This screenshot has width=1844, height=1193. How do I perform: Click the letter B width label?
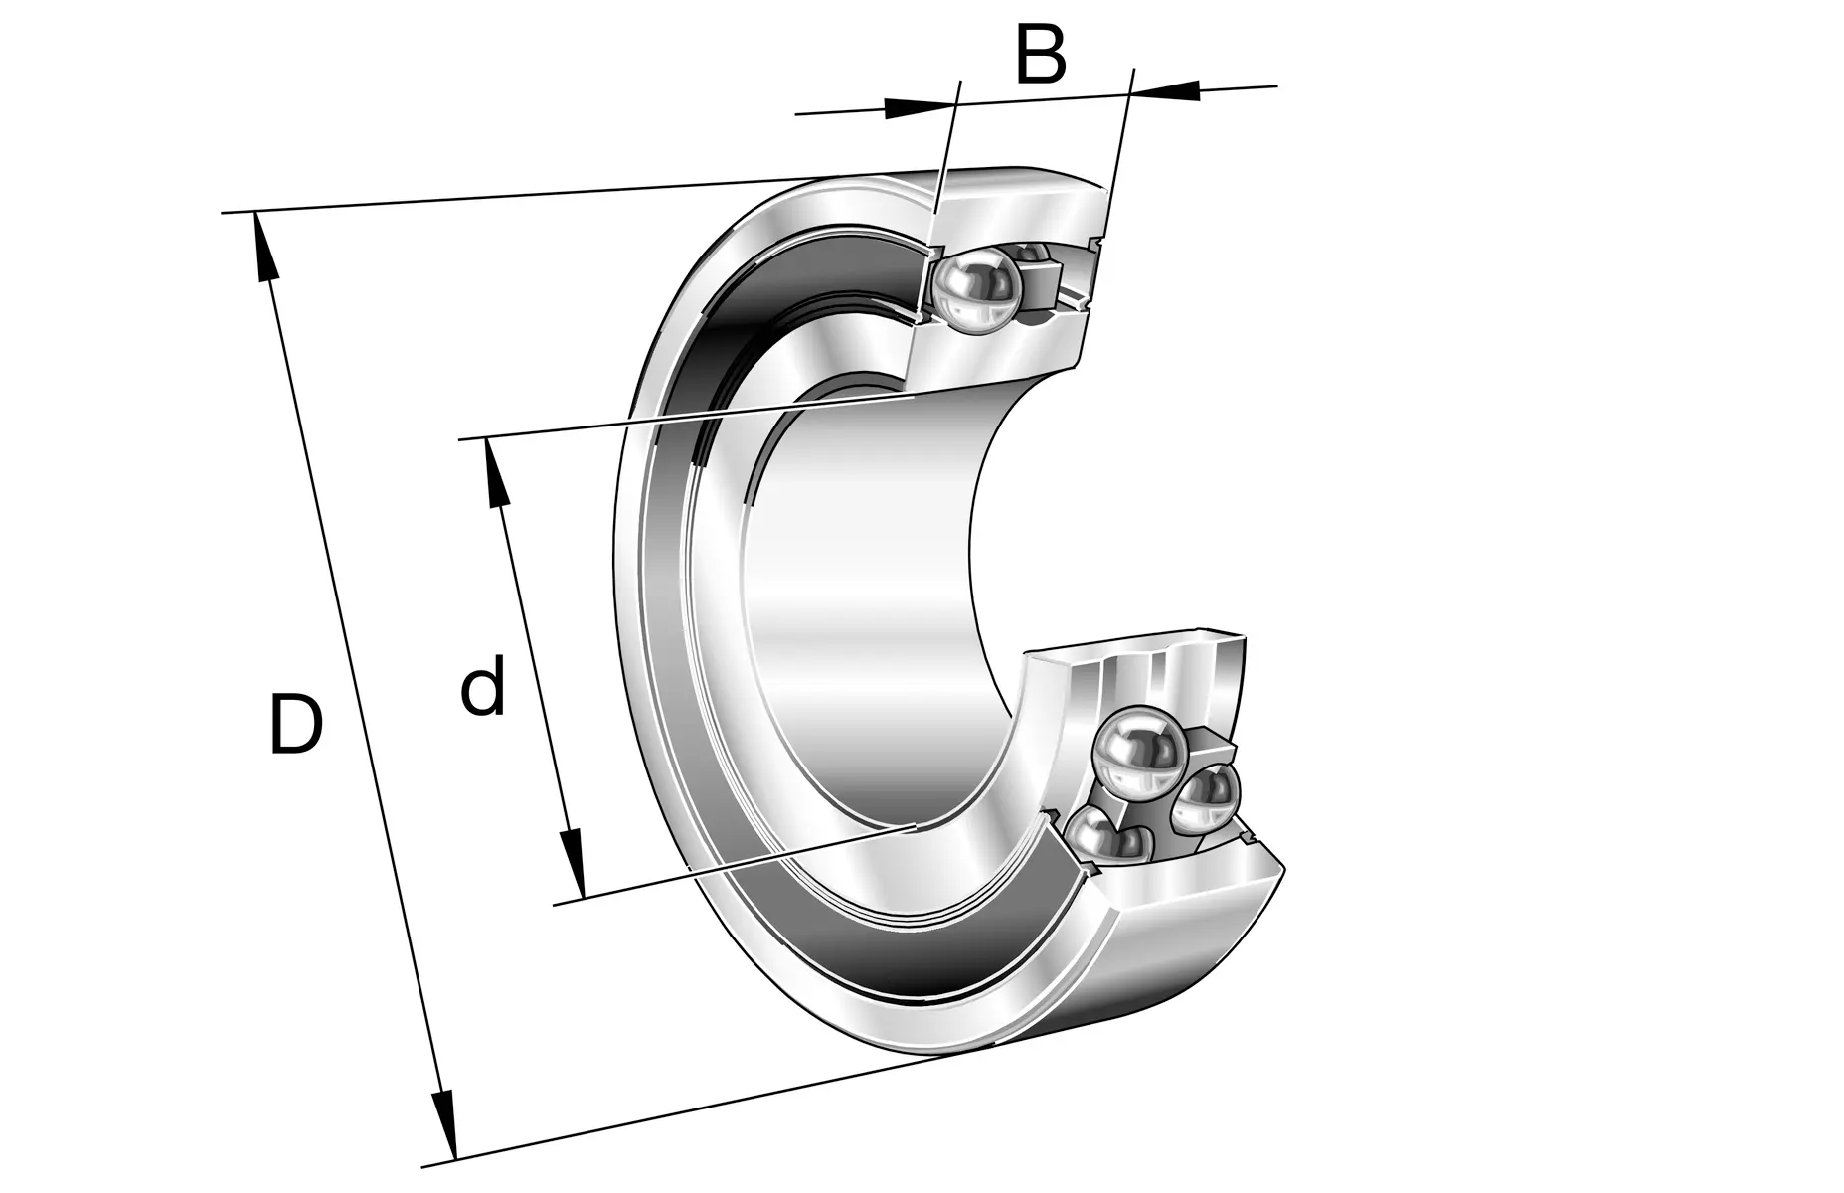pos(1040,55)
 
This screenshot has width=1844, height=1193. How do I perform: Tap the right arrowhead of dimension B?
pos(1165,89)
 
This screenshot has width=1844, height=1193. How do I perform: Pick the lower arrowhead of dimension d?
pos(573,862)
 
